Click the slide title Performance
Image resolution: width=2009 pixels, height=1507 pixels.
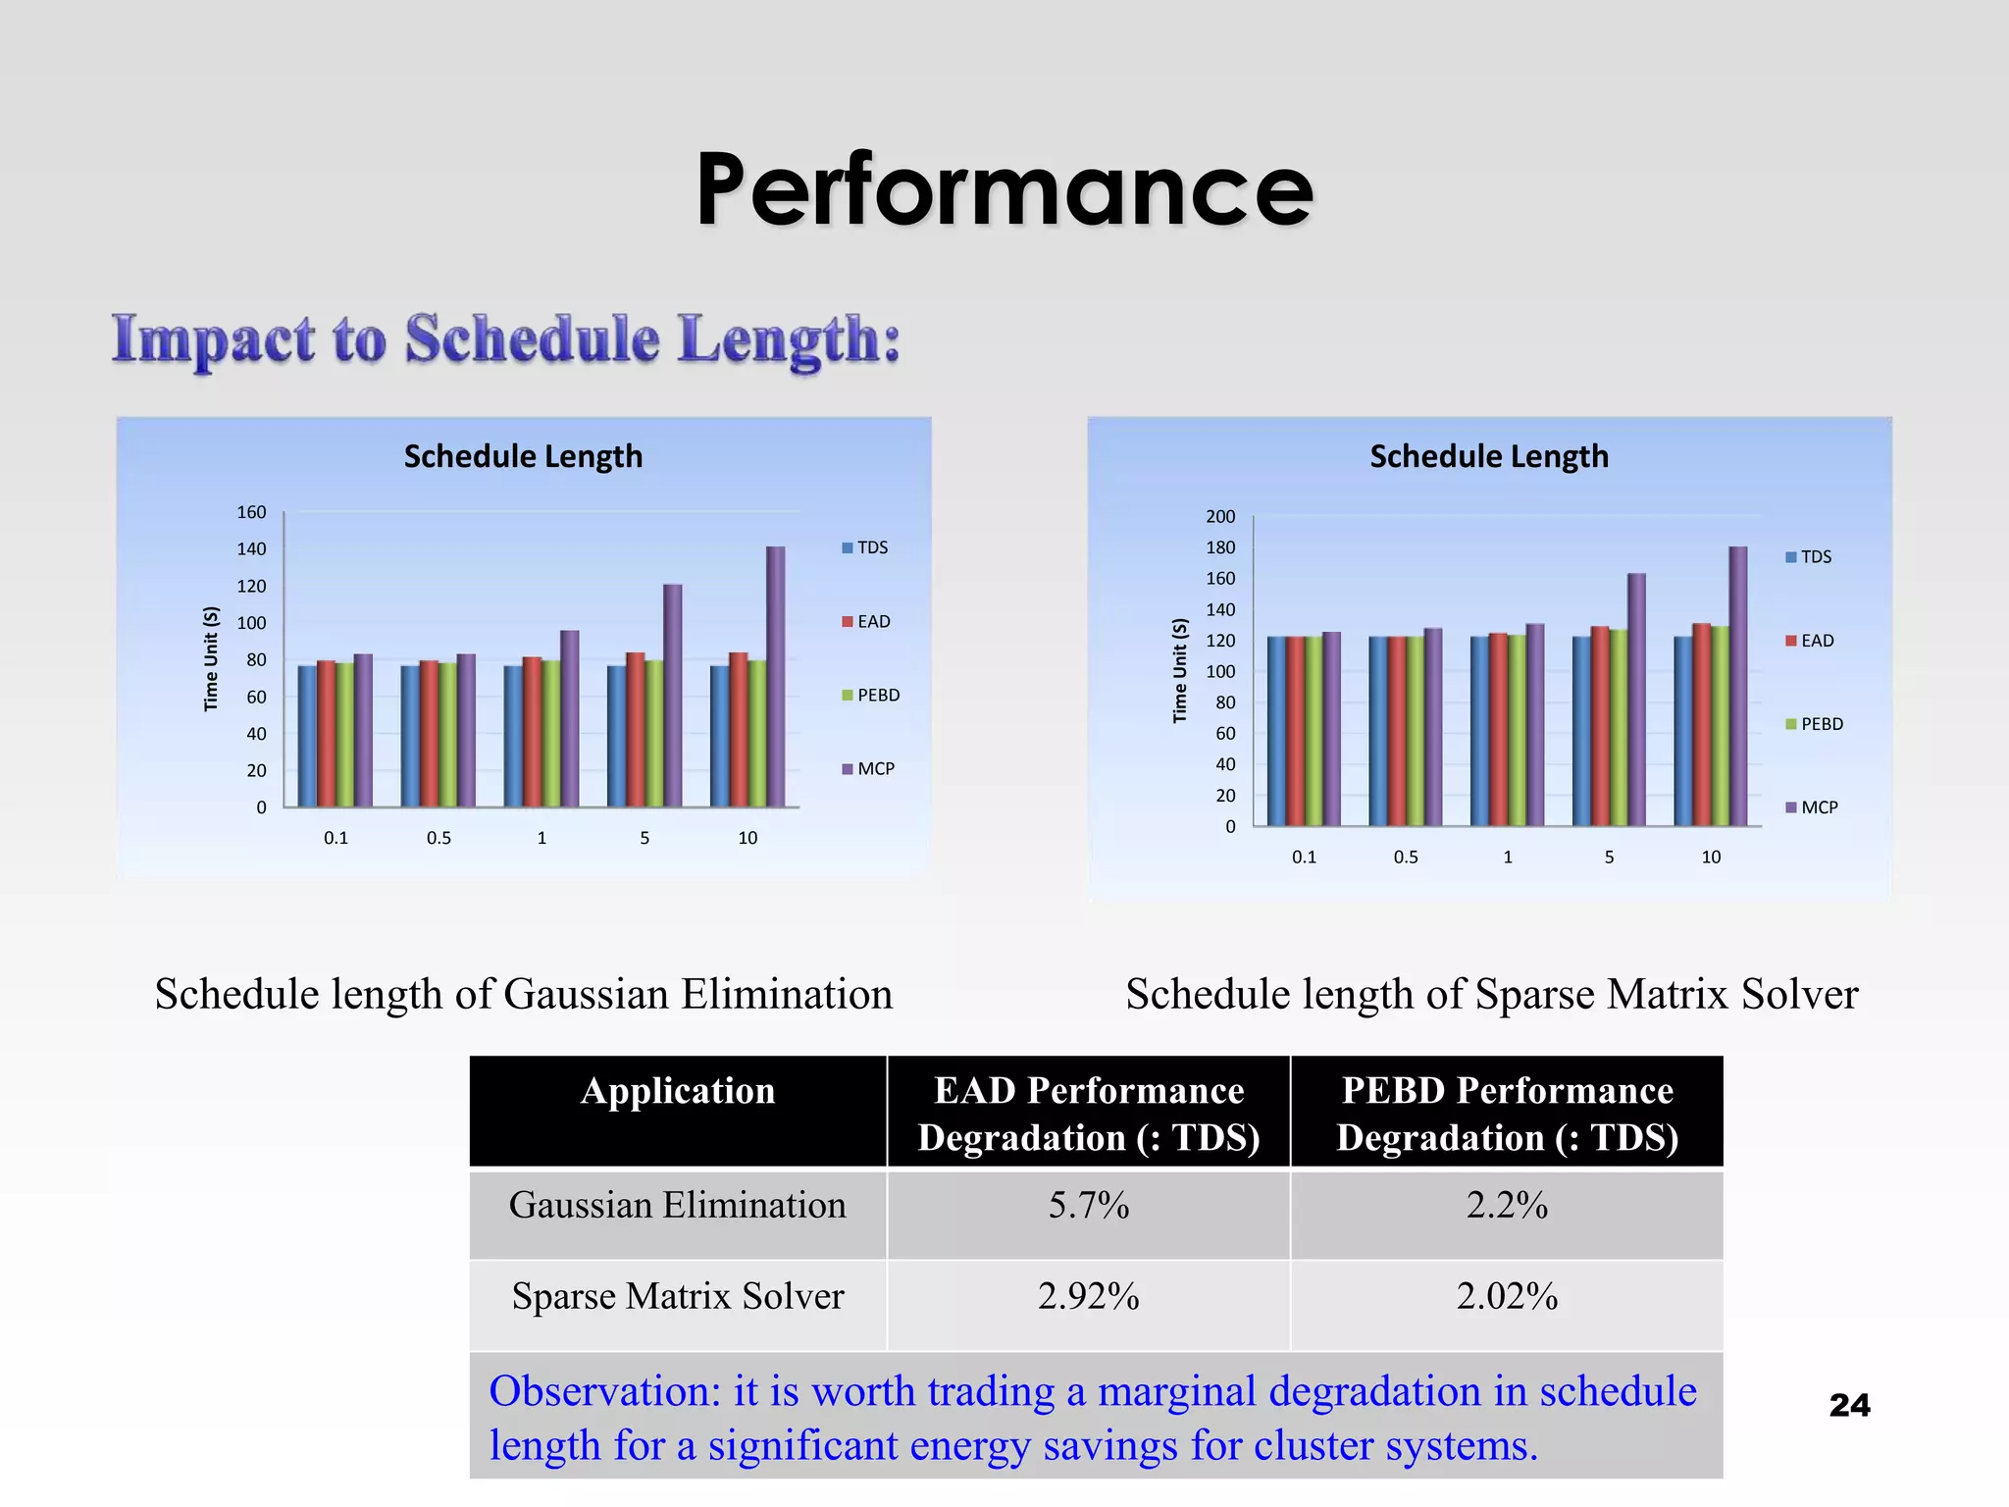tap(1004, 190)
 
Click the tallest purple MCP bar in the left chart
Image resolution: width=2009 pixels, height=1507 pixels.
tap(776, 677)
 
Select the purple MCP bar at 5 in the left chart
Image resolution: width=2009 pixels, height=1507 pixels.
tap(673, 697)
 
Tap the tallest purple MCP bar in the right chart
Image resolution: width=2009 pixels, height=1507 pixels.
tap(1738, 687)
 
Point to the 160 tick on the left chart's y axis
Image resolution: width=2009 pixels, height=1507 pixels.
tap(251, 512)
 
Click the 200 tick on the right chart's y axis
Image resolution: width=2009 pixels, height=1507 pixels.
tap(1220, 516)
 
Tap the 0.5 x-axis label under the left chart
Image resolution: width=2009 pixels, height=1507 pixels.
tap(438, 838)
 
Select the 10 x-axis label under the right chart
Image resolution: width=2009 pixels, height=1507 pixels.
tap(1711, 857)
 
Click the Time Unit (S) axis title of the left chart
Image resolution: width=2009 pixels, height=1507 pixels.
tap(211, 659)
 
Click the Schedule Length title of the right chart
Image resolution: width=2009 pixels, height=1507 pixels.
tap(1489, 456)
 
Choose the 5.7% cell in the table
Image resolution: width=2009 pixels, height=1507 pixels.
tap(1089, 1206)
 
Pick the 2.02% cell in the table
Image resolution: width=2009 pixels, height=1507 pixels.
tap(1507, 1297)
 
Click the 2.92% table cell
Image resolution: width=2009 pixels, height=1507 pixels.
tap(1089, 1297)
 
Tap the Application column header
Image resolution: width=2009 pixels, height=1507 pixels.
tap(678, 1092)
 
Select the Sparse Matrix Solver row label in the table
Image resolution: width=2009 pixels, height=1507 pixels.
tap(678, 1297)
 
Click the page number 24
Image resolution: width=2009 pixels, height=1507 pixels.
tap(1849, 1405)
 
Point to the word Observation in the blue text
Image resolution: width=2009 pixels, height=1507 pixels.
tap(604, 1391)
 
